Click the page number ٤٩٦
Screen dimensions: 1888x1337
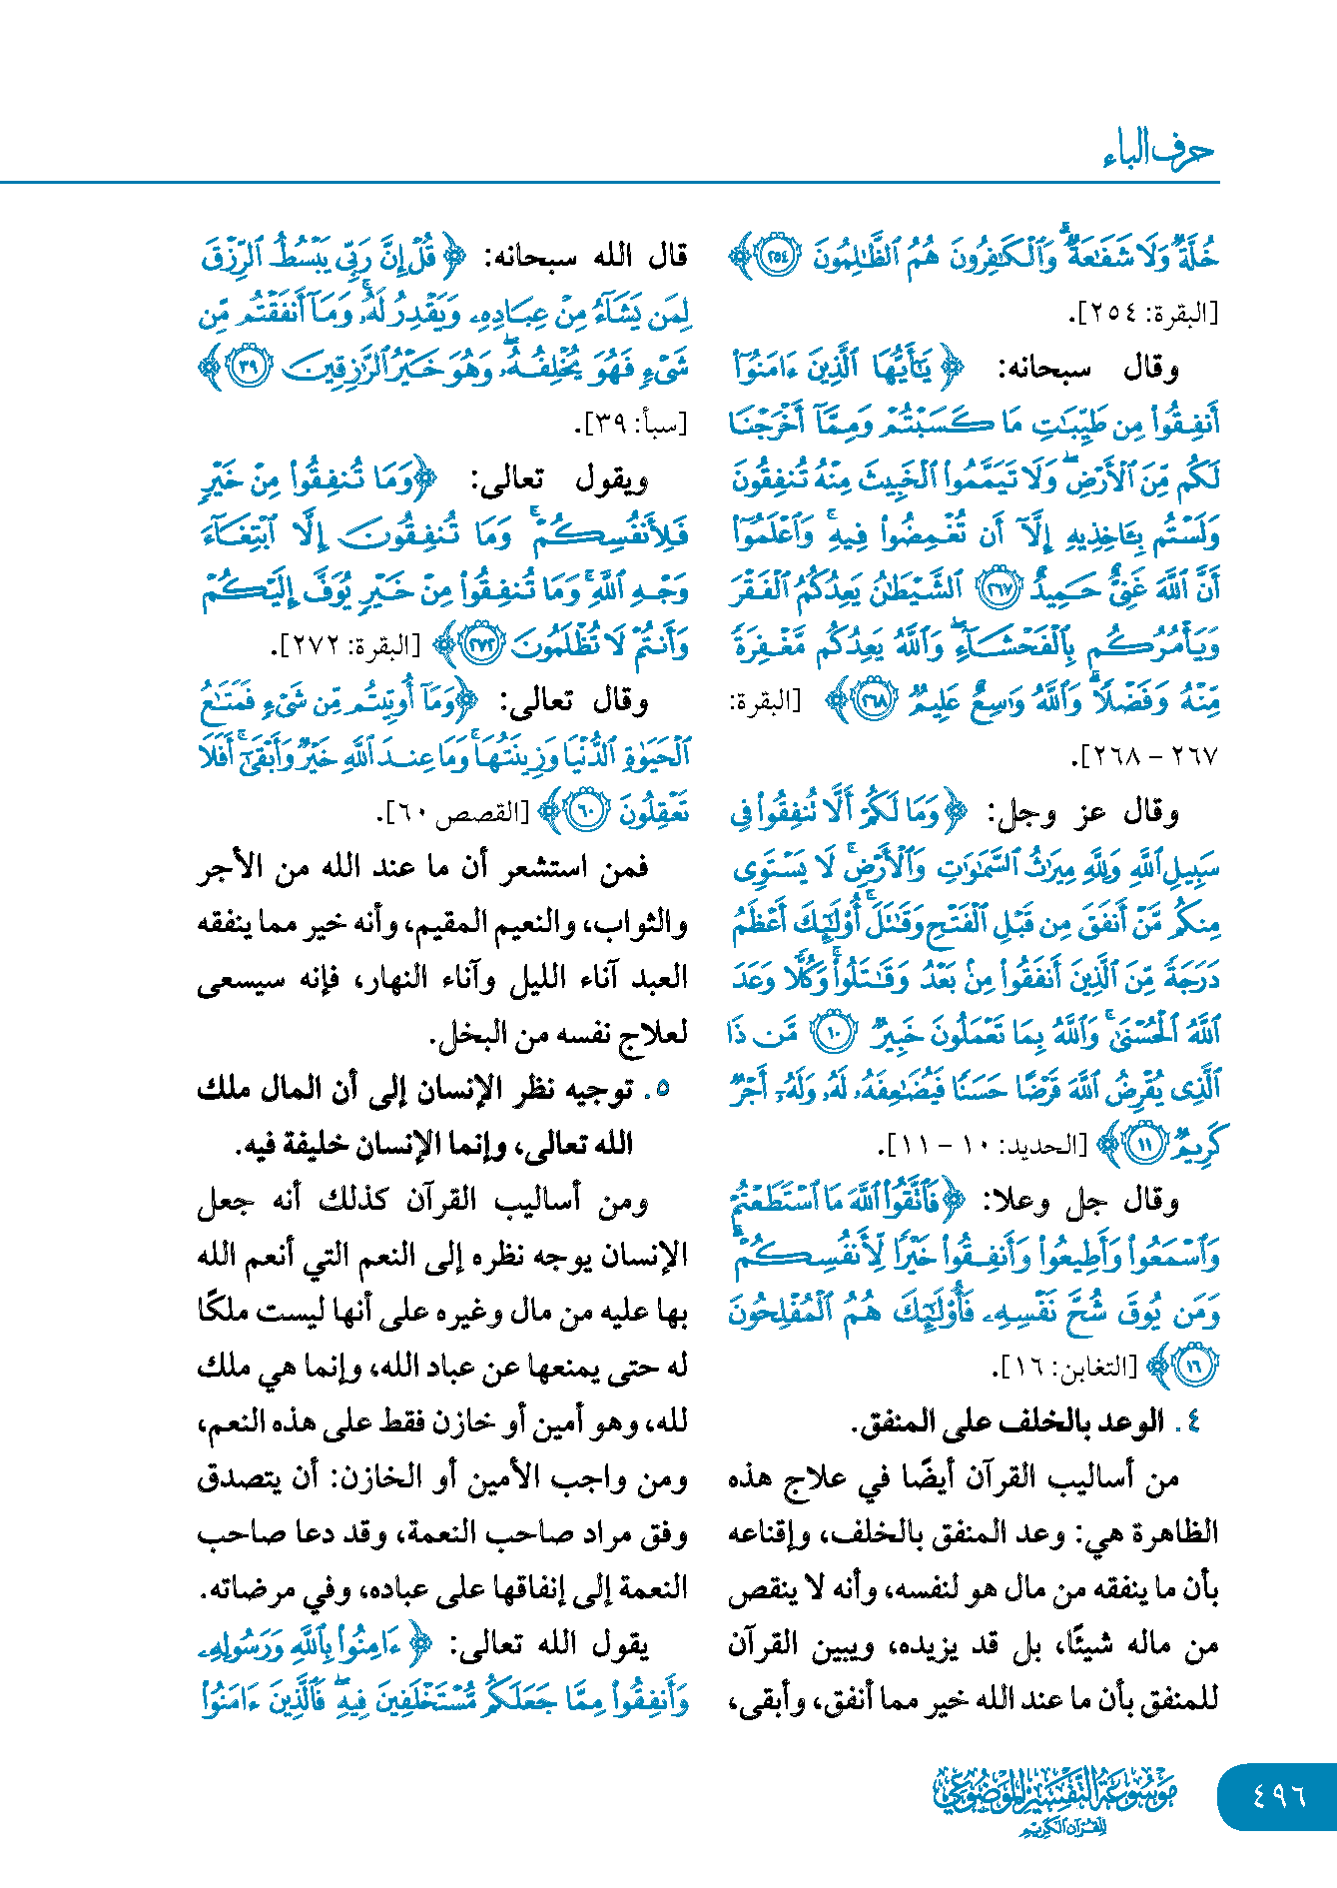click(x=1279, y=1794)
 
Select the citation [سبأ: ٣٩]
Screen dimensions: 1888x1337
click(x=632, y=424)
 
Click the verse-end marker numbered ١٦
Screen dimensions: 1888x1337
click(x=1195, y=1366)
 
